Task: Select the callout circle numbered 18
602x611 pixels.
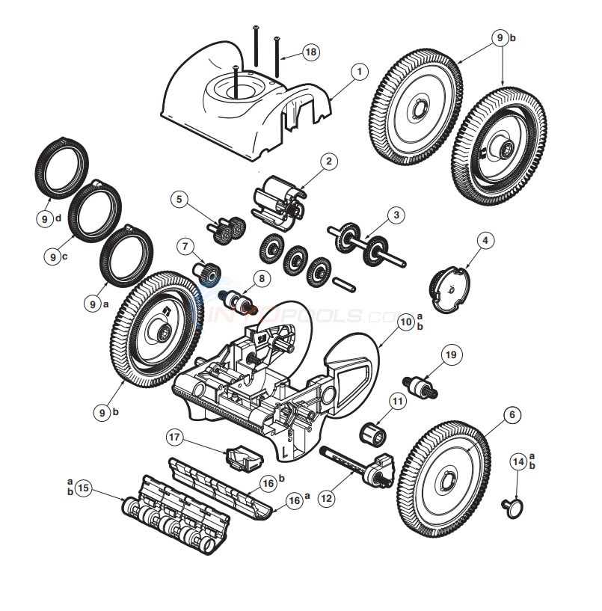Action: [x=310, y=51]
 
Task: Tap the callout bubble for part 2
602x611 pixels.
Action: [x=327, y=161]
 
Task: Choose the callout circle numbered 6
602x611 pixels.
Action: [x=511, y=414]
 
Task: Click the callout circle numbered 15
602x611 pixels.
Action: [x=83, y=488]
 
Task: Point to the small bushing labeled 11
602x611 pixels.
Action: [x=372, y=432]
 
